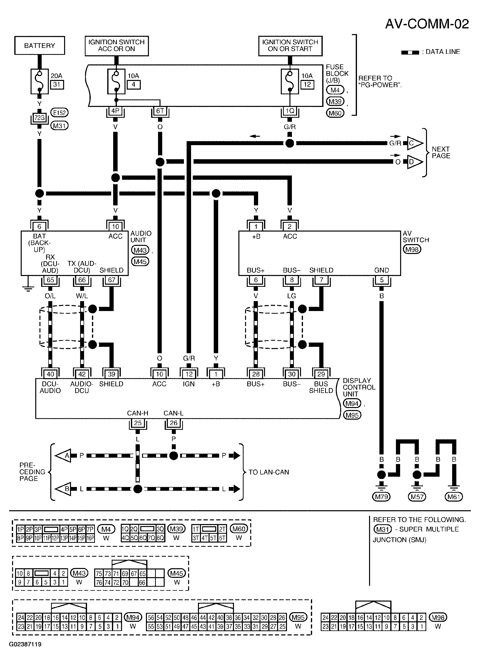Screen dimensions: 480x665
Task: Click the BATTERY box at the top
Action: tap(39, 45)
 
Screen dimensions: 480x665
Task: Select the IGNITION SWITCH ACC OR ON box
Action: tap(117, 46)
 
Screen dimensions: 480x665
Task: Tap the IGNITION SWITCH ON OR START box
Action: tap(290, 46)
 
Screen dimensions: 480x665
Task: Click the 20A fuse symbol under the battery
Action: tap(39, 81)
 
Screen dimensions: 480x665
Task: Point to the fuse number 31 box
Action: tap(57, 85)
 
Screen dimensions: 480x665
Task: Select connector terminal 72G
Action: tap(39, 117)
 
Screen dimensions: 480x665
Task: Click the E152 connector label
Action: tap(59, 113)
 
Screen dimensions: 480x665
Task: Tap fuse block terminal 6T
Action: tap(160, 111)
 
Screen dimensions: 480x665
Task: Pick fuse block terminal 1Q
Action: tap(290, 111)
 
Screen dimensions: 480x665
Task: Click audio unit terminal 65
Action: tap(50, 280)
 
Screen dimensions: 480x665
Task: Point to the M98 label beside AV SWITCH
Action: tap(412, 250)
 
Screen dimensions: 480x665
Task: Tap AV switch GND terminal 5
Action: tap(382, 280)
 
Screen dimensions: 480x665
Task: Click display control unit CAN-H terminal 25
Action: tap(138, 423)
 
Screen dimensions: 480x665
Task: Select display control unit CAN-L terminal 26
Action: tap(174, 423)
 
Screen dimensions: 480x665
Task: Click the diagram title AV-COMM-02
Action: tap(427, 24)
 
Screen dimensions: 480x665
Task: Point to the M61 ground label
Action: tap(454, 497)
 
